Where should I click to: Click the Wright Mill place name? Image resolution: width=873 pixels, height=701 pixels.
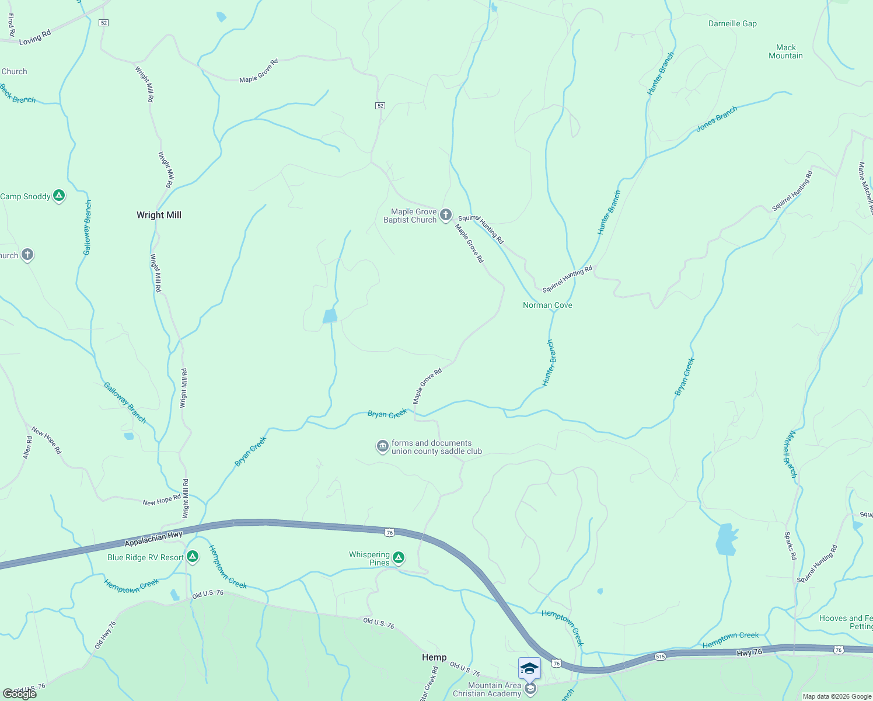[159, 215]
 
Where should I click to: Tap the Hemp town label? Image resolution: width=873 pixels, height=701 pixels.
[434, 657]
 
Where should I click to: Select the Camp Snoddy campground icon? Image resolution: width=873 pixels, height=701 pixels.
[59, 196]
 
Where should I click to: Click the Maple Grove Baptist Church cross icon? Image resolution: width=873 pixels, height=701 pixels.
[446, 215]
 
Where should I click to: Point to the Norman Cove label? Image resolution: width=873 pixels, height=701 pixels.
[547, 305]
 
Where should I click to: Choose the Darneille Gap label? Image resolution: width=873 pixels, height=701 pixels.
[732, 24]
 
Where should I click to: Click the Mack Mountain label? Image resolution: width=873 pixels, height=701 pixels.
[785, 51]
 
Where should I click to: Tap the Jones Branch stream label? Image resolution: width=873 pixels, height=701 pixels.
[717, 119]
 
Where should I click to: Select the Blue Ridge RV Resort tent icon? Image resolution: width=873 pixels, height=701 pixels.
[193, 557]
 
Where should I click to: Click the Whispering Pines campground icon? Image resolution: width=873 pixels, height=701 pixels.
[399, 558]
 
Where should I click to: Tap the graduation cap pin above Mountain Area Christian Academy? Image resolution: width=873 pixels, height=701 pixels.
[529, 668]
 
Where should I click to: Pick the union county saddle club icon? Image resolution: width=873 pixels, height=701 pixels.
[382, 447]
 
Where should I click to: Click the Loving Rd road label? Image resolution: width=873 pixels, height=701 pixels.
[35, 37]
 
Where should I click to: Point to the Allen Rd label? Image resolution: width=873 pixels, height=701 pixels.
[27, 447]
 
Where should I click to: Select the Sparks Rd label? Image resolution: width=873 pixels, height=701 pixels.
[790, 546]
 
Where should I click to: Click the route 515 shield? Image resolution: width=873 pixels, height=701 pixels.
[660, 657]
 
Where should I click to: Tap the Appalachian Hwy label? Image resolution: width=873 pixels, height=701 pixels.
[153, 539]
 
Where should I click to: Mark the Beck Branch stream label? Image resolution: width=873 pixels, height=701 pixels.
[18, 94]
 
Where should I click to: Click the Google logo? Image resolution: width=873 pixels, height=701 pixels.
[20, 693]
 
